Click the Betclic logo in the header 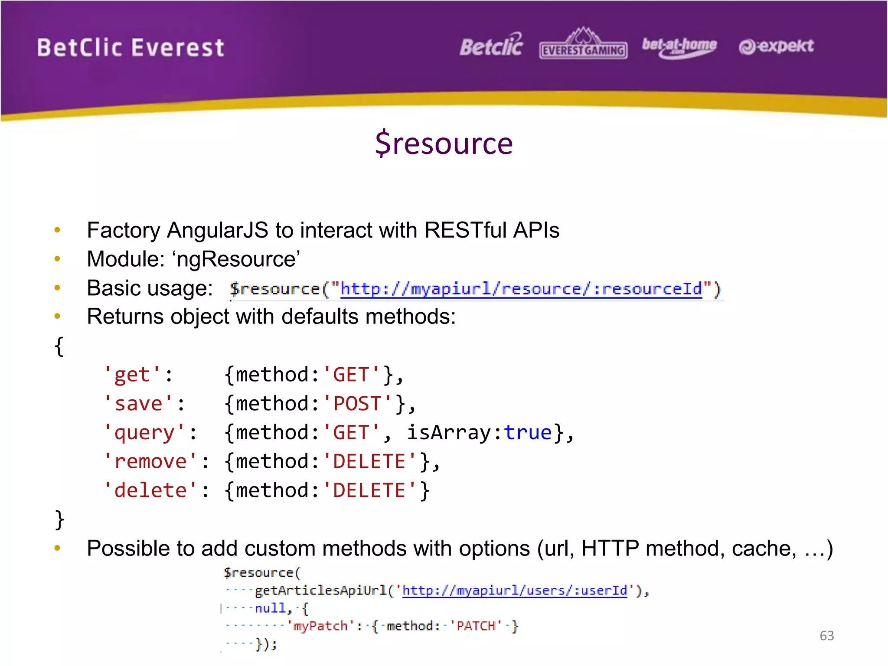click(x=491, y=46)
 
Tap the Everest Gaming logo click(x=583, y=45)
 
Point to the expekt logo click(x=776, y=46)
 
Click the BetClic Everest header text click(x=131, y=48)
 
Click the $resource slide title click(x=444, y=144)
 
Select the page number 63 click(x=826, y=636)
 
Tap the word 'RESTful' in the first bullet click(x=465, y=230)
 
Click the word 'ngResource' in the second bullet click(x=236, y=259)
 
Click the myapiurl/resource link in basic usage click(x=521, y=289)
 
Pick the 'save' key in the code click(x=138, y=404)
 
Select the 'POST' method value click(x=357, y=404)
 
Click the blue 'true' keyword click(x=528, y=433)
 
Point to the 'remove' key click(x=150, y=461)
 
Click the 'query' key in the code click(x=144, y=433)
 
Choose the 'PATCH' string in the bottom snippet click(x=476, y=626)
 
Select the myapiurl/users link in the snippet click(x=515, y=591)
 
